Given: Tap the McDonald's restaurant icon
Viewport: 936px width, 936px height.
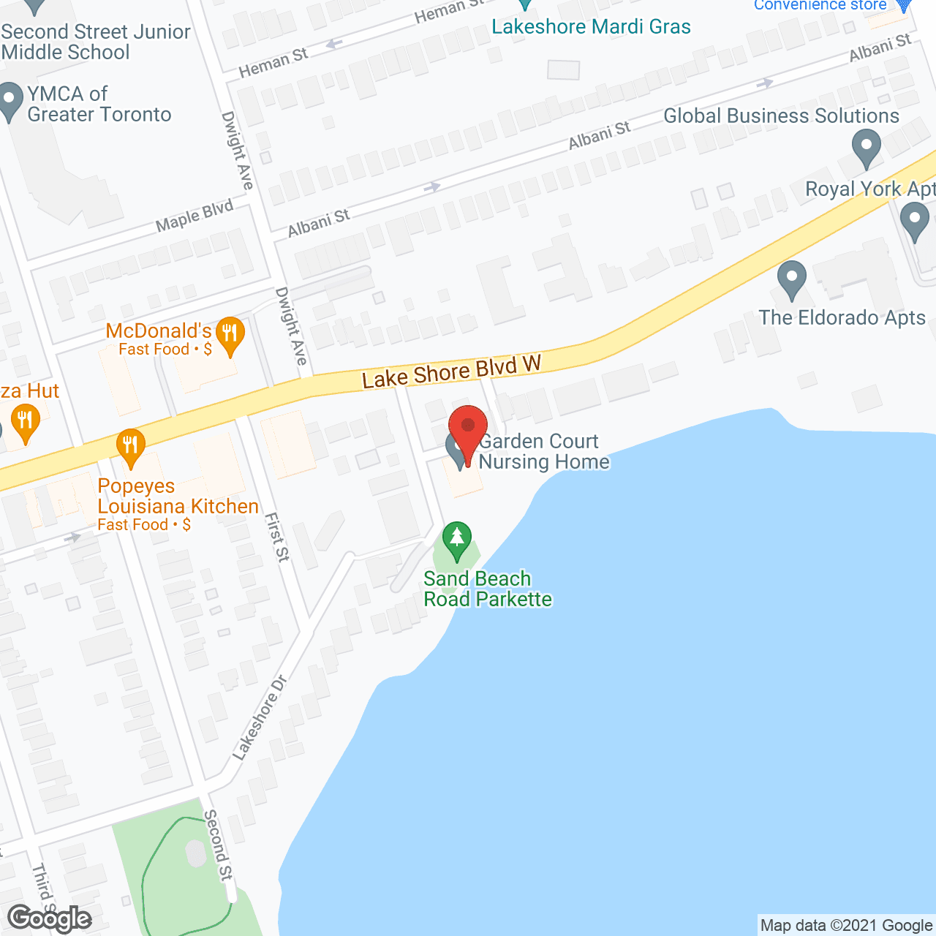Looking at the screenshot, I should tap(230, 335).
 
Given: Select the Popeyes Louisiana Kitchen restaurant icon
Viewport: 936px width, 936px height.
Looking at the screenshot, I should tap(130, 446).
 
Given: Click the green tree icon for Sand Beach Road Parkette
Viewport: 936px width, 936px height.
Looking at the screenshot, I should tap(457, 539).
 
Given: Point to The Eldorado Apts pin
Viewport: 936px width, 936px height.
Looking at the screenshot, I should tap(791, 279).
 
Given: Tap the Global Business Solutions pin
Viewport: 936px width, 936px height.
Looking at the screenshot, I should tap(867, 148).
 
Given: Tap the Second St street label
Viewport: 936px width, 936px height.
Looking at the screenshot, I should tap(218, 845).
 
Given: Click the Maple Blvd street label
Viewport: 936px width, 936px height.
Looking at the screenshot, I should tap(195, 216).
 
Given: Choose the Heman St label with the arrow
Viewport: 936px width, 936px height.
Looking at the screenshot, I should tap(273, 62).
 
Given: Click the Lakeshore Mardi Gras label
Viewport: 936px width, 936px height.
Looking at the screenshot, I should tap(591, 27).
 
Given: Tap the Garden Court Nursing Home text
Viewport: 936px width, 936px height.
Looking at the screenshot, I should tap(543, 451).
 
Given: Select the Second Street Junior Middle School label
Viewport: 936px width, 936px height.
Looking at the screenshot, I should tap(95, 42).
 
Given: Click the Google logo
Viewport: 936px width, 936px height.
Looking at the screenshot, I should tap(50, 918).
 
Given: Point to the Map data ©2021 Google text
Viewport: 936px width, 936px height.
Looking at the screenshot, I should tap(846, 925).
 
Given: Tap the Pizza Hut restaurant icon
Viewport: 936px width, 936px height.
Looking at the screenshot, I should tap(26, 423).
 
